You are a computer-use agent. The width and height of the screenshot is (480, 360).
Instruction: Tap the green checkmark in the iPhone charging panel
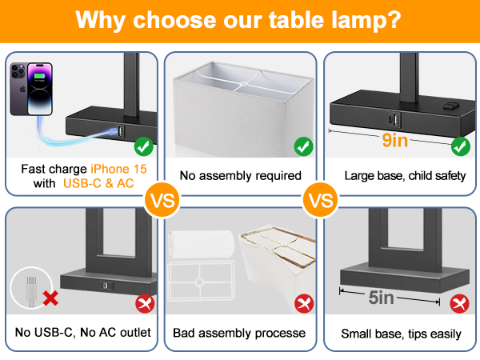point(144,147)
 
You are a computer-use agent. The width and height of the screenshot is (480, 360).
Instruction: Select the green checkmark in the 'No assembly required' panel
point(303,147)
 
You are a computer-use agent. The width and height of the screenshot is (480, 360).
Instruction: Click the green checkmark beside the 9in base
point(460,147)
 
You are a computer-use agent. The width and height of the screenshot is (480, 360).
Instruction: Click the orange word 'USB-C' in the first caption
point(84,183)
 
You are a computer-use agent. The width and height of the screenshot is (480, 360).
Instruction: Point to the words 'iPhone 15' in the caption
point(119,168)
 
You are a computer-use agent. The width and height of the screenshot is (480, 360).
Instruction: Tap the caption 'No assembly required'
point(240,175)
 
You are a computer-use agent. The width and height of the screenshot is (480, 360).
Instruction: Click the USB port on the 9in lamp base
point(393,120)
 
